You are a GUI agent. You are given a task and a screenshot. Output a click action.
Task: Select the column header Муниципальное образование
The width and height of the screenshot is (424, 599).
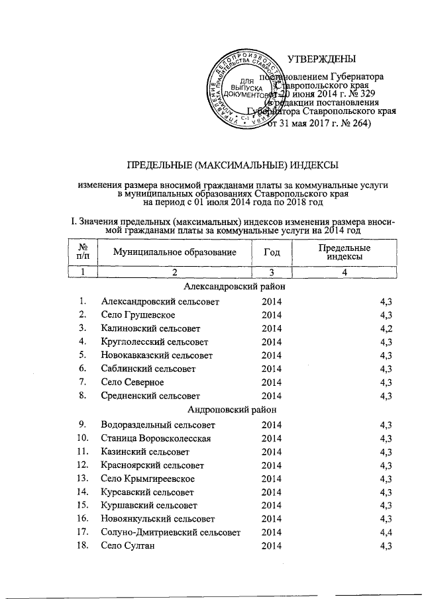tap(175, 252)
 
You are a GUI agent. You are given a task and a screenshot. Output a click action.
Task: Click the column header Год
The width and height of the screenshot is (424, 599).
tap(272, 252)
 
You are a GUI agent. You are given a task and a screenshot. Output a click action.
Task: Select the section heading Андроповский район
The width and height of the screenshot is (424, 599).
tap(233, 410)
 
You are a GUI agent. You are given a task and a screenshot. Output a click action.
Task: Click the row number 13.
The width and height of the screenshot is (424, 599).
tap(83, 478)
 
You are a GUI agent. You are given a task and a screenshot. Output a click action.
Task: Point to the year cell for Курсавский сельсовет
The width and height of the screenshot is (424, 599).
tap(272, 492)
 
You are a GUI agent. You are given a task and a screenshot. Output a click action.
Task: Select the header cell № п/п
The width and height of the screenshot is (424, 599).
tap(83, 252)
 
